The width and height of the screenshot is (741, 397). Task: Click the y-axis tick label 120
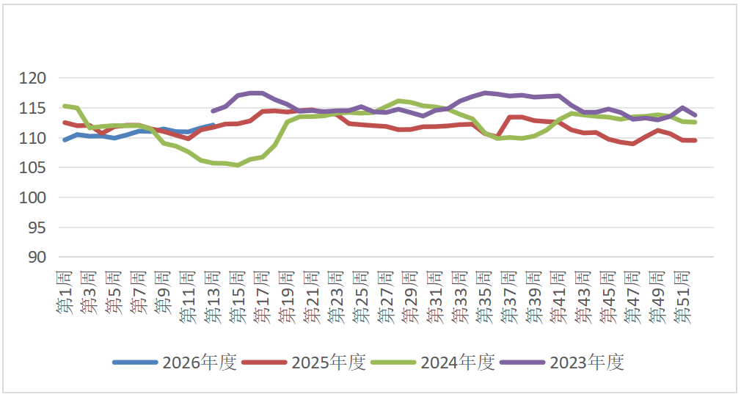[33, 78]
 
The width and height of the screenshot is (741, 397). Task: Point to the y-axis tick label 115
[33, 108]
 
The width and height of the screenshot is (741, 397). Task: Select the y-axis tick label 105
[33, 168]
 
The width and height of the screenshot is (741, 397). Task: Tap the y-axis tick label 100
[33, 198]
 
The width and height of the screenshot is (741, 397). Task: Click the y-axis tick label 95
[37, 227]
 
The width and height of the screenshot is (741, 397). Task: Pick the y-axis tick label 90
[37, 258]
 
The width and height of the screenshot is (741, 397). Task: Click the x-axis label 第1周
[65, 292]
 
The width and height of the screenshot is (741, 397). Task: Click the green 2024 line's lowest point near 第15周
[238, 165]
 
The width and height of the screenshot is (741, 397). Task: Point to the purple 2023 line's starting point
[213, 111]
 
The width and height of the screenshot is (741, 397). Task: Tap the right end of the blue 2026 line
[213, 125]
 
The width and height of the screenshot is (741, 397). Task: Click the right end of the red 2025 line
[694, 140]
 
